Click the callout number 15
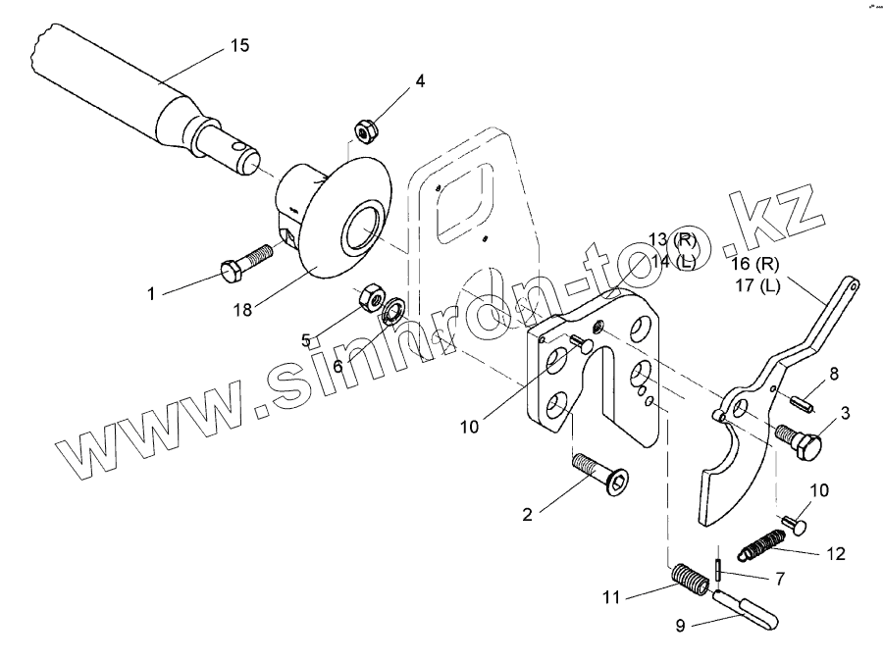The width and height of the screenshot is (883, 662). coord(239,45)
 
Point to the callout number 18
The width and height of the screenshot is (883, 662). coord(243,310)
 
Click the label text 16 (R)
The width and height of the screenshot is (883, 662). coord(754,264)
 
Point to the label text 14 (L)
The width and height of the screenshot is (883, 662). coord(672,262)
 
